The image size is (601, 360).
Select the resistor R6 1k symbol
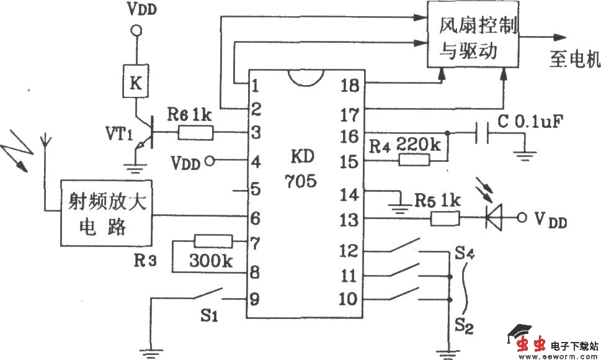click(x=196, y=132)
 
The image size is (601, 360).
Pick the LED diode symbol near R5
click(x=494, y=218)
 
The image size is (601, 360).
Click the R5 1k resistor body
click(x=445, y=218)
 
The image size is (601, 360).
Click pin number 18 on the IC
click(x=349, y=85)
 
